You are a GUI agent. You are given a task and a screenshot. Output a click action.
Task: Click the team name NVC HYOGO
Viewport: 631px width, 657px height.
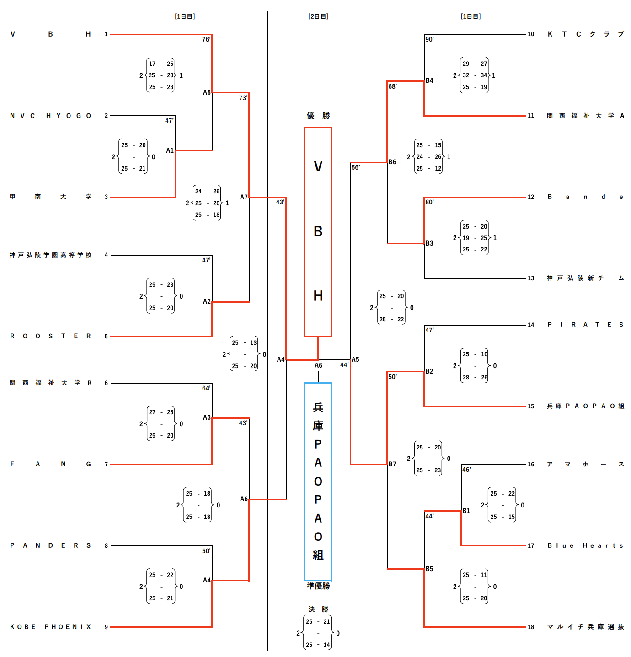pos(51,116)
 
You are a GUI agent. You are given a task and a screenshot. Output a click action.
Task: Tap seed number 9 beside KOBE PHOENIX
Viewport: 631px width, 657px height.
pos(106,627)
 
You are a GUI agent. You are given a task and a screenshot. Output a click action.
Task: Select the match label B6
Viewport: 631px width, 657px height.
pos(392,162)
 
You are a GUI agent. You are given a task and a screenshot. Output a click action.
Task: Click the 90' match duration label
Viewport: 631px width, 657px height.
pos(429,39)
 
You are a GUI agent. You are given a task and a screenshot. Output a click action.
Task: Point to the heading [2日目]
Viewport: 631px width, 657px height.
pos(318,16)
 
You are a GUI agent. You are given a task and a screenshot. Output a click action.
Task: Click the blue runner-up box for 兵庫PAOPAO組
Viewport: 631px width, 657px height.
pos(318,481)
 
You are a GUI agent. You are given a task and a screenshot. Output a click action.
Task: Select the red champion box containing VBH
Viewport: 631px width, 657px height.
pos(318,232)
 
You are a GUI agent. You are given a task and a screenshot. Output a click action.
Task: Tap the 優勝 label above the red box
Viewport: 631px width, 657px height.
pos(318,116)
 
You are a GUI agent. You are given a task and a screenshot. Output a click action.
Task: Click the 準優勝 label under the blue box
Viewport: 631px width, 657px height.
pos(318,586)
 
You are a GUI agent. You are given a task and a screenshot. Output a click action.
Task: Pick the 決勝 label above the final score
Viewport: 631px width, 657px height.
pos(318,609)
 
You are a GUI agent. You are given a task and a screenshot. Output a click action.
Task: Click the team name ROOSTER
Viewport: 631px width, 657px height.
pos(51,336)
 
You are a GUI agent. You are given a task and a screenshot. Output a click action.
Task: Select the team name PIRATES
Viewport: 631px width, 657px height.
pos(585,325)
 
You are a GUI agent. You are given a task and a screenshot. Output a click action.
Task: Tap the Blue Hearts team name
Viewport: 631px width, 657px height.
pos(585,545)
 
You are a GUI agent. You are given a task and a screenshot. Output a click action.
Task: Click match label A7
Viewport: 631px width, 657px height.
pos(244,197)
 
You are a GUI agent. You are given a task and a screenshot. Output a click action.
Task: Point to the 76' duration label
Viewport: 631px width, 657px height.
pos(206,39)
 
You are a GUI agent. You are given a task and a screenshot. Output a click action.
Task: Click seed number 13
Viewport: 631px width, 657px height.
pos(531,278)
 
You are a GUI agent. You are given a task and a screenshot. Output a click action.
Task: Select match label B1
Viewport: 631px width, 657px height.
pos(466,511)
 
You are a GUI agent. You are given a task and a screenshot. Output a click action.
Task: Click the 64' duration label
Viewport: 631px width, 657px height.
pos(206,388)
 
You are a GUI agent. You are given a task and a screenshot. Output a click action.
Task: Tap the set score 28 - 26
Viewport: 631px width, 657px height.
pos(475,377)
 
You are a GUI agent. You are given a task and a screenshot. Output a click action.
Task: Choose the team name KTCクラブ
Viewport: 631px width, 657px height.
pos(585,34)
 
